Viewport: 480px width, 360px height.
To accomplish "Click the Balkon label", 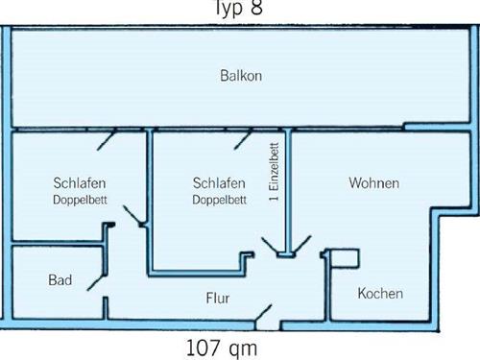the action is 241,75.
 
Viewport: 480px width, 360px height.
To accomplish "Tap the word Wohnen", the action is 374,182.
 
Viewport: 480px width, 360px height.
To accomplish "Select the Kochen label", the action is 380,294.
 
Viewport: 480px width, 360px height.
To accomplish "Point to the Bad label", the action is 60,280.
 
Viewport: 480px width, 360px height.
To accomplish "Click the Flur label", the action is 218,298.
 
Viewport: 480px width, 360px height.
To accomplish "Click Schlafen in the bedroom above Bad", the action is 80,182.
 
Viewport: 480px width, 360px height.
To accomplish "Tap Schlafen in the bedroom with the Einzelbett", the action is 219,182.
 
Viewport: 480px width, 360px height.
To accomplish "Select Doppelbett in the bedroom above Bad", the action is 80,201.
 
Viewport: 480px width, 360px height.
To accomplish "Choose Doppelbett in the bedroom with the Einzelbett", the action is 219,201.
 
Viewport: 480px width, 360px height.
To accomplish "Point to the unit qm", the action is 244,347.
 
